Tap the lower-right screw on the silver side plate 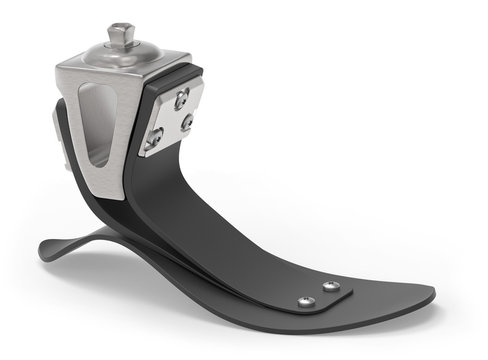point(187,123)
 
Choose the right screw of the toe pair point(331,287)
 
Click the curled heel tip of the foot point(44,250)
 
